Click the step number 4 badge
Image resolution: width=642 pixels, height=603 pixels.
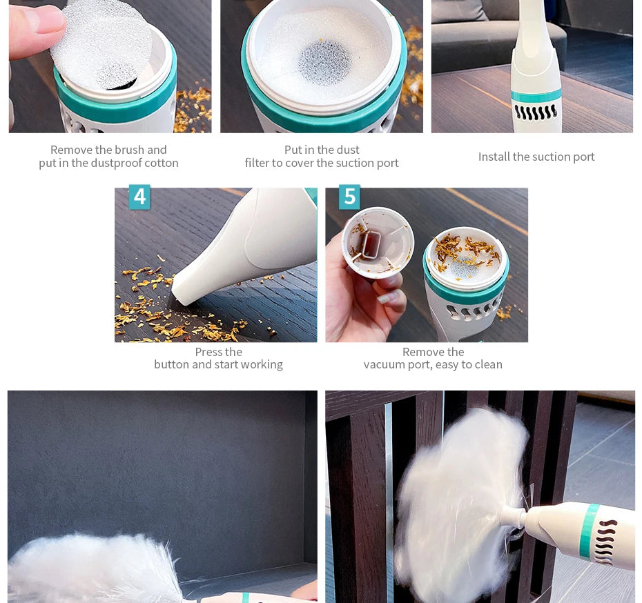pos(139,197)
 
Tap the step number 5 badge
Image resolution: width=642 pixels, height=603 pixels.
pos(349,197)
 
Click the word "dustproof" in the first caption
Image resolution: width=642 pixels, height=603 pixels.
pos(111,164)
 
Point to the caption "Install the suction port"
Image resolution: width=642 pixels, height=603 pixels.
pos(536,157)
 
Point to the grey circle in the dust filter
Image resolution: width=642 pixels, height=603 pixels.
pos(324,62)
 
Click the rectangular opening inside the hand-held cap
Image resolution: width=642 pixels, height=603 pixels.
pos(371,245)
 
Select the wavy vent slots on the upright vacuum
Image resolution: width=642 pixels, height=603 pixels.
pos(536,112)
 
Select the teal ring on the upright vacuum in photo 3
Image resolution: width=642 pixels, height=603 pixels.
pos(536,97)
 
